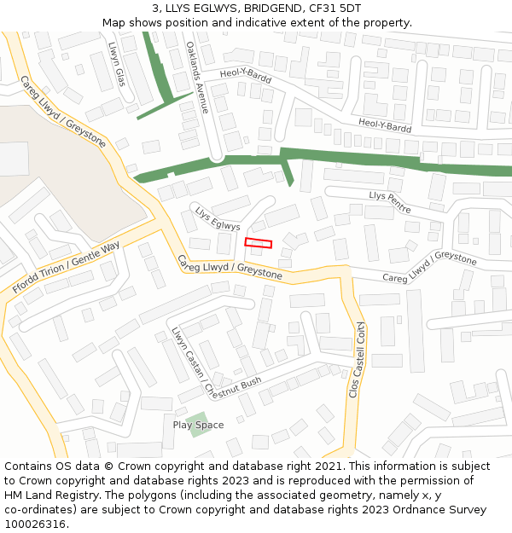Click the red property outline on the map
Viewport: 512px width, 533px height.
259,243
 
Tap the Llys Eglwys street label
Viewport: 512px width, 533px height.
218,219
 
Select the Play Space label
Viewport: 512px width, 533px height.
198,425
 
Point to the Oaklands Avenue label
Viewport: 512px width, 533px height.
197,78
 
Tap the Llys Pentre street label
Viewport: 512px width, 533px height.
390,201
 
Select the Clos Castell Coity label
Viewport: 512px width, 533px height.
357,359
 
